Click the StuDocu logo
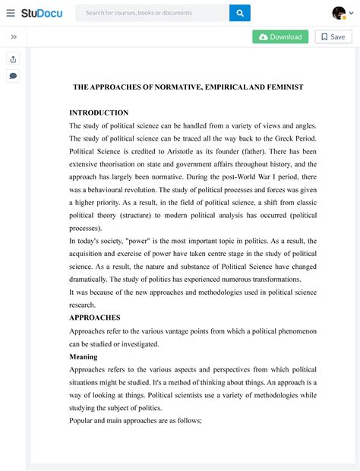pos(42,13)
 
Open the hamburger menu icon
pos(11,13)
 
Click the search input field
pos(152,13)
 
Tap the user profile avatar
pos(339,13)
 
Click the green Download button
pos(280,36)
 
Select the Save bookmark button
pos(332,36)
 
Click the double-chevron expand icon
pos(14,36)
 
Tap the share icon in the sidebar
pos(13,59)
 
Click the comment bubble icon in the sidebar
pos(13,76)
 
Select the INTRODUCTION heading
pos(99,112)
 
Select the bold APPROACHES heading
pos(95,318)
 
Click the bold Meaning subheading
pos(83,356)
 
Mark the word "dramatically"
pos(93,280)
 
